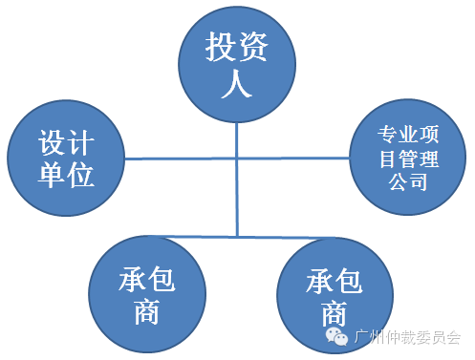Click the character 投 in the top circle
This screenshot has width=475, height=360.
click(x=220, y=47)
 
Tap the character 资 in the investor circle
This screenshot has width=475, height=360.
click(x=252, y=47)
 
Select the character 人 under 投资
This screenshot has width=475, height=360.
click(x=236, y=83)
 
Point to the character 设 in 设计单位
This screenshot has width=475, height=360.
click(x=52, y=142)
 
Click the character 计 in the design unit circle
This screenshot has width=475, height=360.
click(x=80, y=142)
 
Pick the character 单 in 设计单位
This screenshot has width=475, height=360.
click(x=52, y=174)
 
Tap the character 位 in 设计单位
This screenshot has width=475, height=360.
click(x=80, y=174)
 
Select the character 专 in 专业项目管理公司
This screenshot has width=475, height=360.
click(x=388, y=134)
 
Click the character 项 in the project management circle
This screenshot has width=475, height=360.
click(x=429, y=134)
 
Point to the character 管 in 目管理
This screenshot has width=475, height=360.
click(x=408, y=159)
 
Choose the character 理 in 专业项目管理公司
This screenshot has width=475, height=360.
click(x=429, y=159)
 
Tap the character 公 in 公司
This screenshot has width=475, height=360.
click(x=399, y=181)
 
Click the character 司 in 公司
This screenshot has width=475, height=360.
click(x=418, y=181)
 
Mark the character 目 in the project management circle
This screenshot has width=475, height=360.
click(x=388, y=159)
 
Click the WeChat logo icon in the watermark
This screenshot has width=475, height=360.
click(x=336, y=337)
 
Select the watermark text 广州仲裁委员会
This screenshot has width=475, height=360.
click(x=407, y=337)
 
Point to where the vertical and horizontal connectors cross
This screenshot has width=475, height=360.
click(x=237, y=158)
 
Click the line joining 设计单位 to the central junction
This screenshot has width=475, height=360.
click(x=180, y=159)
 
